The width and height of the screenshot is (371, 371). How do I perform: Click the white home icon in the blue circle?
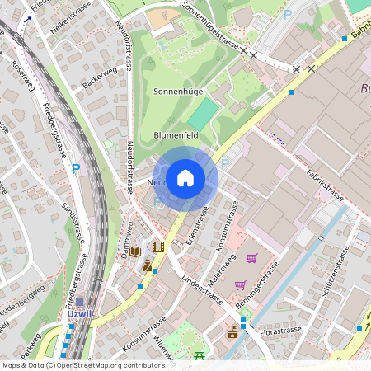185,178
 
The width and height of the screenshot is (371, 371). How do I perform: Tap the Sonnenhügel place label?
179,92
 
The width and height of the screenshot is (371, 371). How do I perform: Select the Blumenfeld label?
176,135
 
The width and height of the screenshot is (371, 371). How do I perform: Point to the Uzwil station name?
79,314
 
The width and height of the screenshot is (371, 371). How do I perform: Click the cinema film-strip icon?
158,247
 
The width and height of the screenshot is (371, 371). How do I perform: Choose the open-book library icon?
136,251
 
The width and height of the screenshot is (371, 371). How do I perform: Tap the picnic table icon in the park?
200,356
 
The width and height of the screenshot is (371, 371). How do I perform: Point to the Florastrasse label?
281,331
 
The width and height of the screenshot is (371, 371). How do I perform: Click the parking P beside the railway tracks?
76,168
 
